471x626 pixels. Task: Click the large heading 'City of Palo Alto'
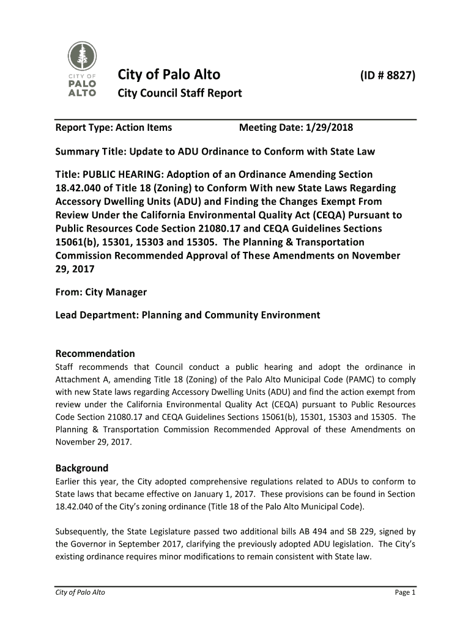[x=169, y=75]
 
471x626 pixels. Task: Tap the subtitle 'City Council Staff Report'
[x=180, y=94]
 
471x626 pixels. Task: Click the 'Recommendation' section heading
[x=95, y=353]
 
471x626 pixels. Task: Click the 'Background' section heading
[x=82, y=468]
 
